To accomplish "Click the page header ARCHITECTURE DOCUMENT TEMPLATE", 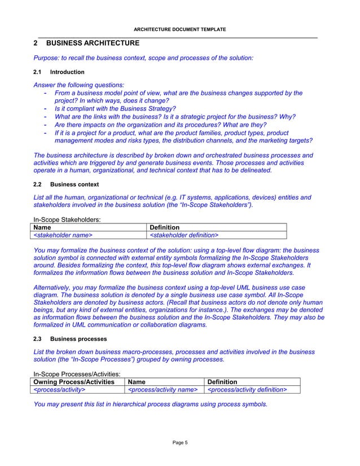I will tap(180, 29).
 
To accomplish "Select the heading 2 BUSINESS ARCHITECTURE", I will tap(86, 43).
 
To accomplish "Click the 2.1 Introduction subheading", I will tap(59, 72).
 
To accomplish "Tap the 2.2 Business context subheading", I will tap(66, 184).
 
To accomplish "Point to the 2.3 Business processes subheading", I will tap(70, 339).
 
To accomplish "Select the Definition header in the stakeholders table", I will tap(164, 227).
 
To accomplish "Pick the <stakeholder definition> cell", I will tap(184, 235).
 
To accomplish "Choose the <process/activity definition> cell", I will tap(248, 389).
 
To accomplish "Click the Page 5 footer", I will tap(180, 442).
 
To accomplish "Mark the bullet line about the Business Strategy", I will tap(115, 109).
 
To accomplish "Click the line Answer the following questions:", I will tap(79, 85).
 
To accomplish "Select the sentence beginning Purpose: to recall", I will tap(143, 58).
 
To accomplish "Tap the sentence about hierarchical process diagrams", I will tap(150, 405).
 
